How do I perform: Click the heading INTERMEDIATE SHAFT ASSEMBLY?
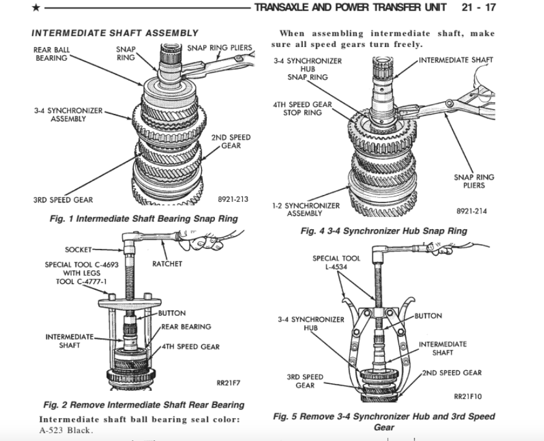tap(115, 33)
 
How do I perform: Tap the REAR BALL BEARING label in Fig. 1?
tap(53, 54)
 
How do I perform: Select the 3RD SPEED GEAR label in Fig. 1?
tap(63, 200)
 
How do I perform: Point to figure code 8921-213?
tap(233, 199)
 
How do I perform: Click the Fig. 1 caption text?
tap(144, 219)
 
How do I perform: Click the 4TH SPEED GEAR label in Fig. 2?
tap(190, 347)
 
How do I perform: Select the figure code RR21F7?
tap(228, 382)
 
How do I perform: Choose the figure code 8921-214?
tap(472, 211)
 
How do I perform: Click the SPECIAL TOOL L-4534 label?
tap(335, 262)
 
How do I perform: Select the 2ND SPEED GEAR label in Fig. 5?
tap(452, 373)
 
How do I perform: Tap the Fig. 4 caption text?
tap(384, 231)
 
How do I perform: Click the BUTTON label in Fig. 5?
tap(428, 316)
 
